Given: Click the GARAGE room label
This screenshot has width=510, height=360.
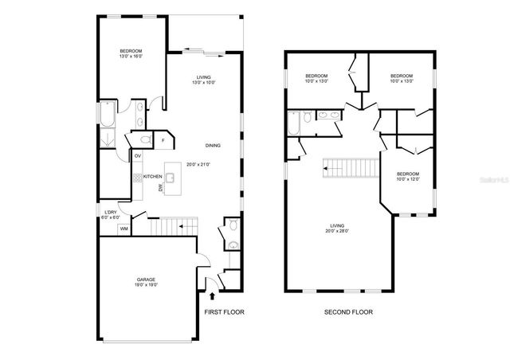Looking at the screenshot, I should pos(146,279).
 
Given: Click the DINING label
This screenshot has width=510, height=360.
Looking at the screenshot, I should pos(213,146).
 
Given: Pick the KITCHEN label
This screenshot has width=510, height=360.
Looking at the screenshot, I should pos(153,177).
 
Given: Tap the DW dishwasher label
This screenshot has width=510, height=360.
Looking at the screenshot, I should pos(160,187).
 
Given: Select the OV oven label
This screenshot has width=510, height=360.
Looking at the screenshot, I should pos(138,156).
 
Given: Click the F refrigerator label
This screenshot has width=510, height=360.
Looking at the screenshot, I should pos(163,141).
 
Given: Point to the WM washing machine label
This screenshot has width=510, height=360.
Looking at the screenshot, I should pos(124,229).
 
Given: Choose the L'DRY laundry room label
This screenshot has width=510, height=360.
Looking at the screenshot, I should pos(111,212).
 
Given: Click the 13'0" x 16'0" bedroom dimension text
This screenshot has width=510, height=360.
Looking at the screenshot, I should pos(131,57).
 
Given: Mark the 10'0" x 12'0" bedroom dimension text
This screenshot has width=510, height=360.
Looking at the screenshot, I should pos(408,178).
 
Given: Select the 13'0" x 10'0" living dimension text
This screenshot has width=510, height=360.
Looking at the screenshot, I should pos(204,82).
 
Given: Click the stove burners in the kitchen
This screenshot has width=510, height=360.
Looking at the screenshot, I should pos(137,178).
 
